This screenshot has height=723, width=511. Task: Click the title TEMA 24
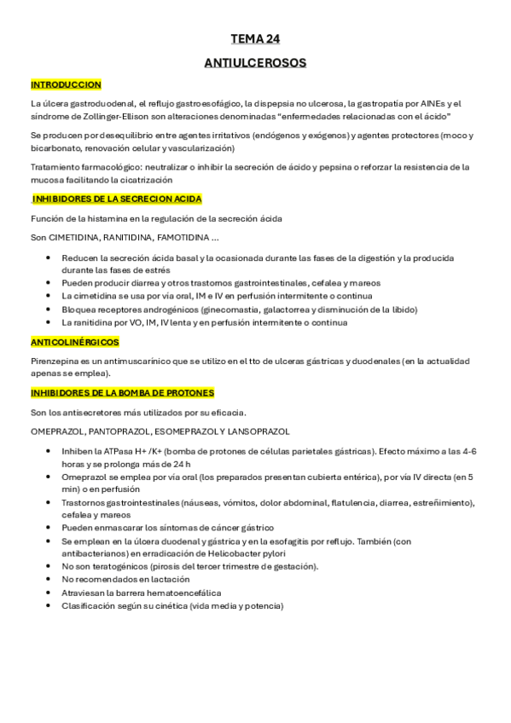[x=255, y=38]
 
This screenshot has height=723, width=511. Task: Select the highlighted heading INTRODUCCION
[x=66, y=84]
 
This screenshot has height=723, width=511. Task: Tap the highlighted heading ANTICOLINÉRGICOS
[x=74, y=341]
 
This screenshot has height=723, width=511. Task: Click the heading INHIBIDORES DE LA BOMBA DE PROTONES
[x=122, y=393]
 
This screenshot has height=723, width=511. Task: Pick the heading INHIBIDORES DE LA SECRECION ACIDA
[x=117, y=199]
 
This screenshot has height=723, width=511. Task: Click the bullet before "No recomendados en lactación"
[x=49, y=580]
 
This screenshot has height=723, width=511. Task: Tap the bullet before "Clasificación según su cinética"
[x=49, y=606]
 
